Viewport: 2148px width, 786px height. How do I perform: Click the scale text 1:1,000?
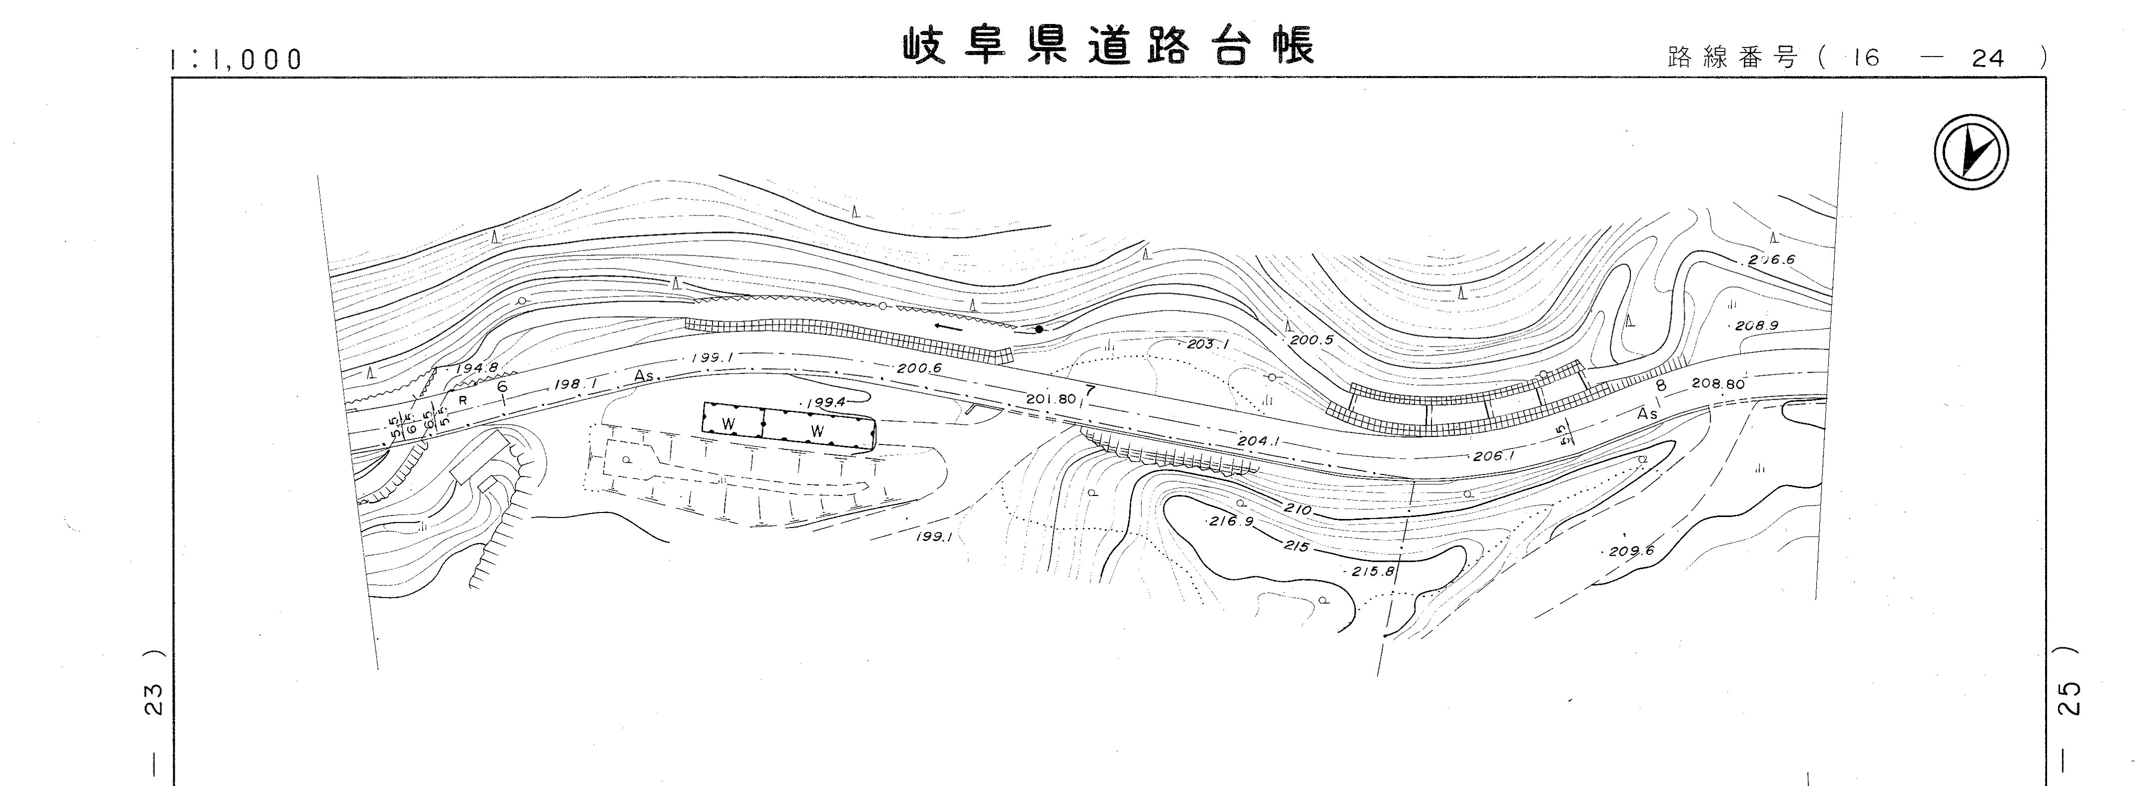click(x=235, y=59)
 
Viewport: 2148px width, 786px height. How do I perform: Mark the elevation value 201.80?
click(x=1051, y=399)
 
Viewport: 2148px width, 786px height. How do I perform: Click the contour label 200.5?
click(x=1312, y=340)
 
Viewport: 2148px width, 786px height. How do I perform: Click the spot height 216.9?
click(x=1231, y=521)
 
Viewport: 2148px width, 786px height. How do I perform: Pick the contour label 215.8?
click(x=1373, y=571)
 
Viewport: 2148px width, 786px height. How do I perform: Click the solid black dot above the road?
click(x=1039, y=329)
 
